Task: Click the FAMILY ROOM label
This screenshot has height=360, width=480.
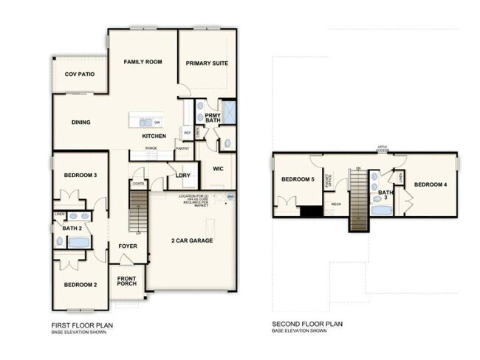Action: tap(143, 62)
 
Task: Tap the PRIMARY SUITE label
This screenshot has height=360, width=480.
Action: tap(207, 63)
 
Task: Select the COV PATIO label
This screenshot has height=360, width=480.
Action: tap(79, 75)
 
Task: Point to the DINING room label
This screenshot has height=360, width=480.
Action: tap(80, 122)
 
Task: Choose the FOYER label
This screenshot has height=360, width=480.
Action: tap(128, 246)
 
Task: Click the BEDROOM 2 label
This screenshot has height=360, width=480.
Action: tap(80, 285)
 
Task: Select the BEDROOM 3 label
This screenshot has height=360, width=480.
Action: tap(80, 174)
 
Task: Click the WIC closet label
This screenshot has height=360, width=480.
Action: tap(218, 168)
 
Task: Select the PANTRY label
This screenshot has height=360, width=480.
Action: tap(182, 149)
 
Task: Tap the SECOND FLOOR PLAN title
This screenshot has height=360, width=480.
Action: tap(307, 325)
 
